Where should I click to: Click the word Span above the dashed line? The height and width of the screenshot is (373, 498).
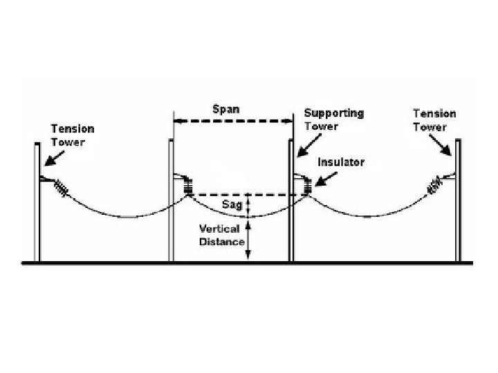tap(226, 109)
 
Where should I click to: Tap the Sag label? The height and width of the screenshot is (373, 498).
tap(232, 205)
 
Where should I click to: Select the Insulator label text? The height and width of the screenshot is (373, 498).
tap(341, 162)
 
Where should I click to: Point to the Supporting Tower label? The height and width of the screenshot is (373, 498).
tap(335, 119)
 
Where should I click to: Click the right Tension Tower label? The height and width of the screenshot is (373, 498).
tap(434, 119)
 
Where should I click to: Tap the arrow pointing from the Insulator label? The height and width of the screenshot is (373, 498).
tap(325, 177)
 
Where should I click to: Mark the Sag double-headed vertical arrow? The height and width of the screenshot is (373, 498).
tap(249, 204)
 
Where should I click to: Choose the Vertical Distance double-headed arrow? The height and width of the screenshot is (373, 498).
tap(249, 239)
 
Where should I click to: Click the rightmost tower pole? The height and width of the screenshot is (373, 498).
tap(458, 200)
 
